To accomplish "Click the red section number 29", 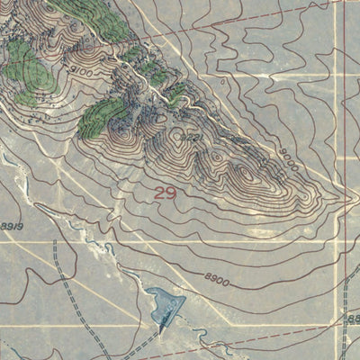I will click(x=164, y=193).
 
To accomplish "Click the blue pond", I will click(x=166, y=305).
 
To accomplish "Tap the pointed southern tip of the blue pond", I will click(x=161, y=331).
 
